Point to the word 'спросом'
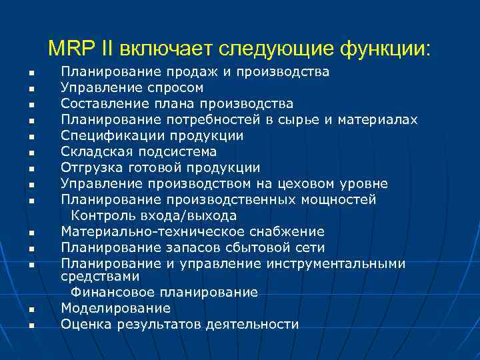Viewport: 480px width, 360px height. [x=178, y=88]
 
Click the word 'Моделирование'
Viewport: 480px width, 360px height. [x=115, y=308]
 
